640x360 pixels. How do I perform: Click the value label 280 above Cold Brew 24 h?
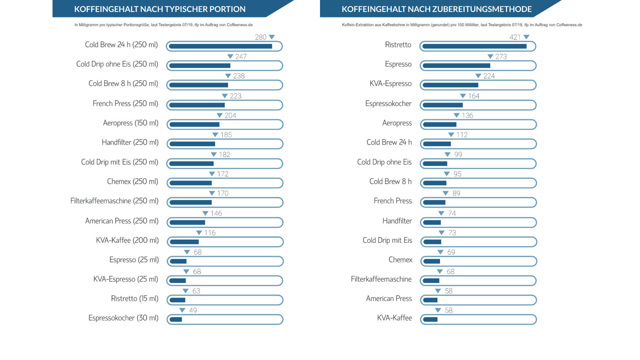260,37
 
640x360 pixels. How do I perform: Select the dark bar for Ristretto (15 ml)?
178,300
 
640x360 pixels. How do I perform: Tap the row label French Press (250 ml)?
125,104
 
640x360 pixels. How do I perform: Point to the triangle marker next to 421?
526,37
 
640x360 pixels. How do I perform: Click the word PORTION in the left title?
227,9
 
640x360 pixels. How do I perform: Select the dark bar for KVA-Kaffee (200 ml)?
184,242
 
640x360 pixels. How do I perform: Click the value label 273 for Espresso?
501,56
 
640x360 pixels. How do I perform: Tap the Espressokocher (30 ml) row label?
123,318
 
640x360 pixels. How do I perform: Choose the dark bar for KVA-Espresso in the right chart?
451,85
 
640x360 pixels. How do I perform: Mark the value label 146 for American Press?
216,213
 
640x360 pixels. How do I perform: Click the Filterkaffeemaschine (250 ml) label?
114,201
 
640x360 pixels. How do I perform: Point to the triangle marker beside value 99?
447,155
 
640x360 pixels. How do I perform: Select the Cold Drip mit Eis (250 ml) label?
120,162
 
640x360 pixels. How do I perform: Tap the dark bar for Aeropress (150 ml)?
195,125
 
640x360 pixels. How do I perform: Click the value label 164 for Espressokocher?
474,96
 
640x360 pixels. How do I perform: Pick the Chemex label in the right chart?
400,260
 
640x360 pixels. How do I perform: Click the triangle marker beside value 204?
219,115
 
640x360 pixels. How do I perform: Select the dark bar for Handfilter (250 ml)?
192,144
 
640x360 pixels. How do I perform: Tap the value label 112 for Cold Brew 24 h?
462,135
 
